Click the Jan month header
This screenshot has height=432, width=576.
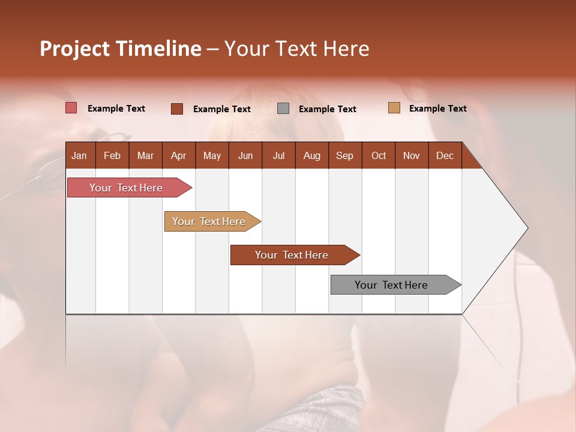(79, 155)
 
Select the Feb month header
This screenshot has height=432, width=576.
(112, 155)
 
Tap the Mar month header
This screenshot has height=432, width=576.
(145, 155)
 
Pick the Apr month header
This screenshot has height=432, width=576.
(179, 155)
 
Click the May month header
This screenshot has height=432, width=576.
(212, 155)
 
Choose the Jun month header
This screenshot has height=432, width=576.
(245, 155)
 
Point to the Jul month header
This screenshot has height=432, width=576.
(278, 155)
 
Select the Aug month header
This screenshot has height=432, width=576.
(312, 155)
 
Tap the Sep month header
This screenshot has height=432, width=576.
(345, 155)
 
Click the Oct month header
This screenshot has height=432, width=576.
(379, 155)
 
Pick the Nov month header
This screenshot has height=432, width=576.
(412, 155)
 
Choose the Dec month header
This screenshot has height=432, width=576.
(445, 155)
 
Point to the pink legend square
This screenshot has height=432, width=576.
(71, 108)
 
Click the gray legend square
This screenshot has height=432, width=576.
(283, 109)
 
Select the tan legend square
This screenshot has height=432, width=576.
(394, 108)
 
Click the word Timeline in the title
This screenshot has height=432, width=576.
(158, 49)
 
